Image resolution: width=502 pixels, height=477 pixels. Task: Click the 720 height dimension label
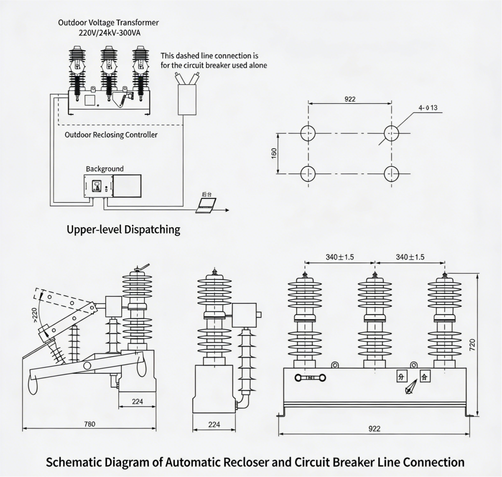[472, 345]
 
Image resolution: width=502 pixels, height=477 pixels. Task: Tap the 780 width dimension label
[90, 424]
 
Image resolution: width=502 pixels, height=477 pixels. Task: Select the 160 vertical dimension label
[274, 153]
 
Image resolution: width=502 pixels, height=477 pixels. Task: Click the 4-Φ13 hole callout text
[428, 108]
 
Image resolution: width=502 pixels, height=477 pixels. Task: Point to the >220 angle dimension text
[34, 315]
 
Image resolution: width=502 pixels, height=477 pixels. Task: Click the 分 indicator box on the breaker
[402, 377]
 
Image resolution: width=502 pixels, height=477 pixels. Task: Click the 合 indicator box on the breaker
[425, 377]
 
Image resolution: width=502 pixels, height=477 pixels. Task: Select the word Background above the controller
[104, 169]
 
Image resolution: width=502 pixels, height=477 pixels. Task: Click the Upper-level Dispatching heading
[123, 229]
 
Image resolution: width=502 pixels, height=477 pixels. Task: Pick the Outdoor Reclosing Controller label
[111, 135]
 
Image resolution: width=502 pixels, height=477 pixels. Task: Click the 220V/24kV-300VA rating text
[109, 33]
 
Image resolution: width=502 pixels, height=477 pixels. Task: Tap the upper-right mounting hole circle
[391, 133]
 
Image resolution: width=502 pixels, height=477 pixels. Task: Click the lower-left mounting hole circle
[308, 174]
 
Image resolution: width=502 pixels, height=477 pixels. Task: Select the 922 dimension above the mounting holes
[350, 99]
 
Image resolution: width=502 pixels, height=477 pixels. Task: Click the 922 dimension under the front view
[374, 429]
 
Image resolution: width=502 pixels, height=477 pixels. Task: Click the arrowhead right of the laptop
[227, 210]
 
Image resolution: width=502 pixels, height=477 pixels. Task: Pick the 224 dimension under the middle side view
[214, 425]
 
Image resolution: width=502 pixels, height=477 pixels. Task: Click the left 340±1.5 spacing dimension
[340, 257]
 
